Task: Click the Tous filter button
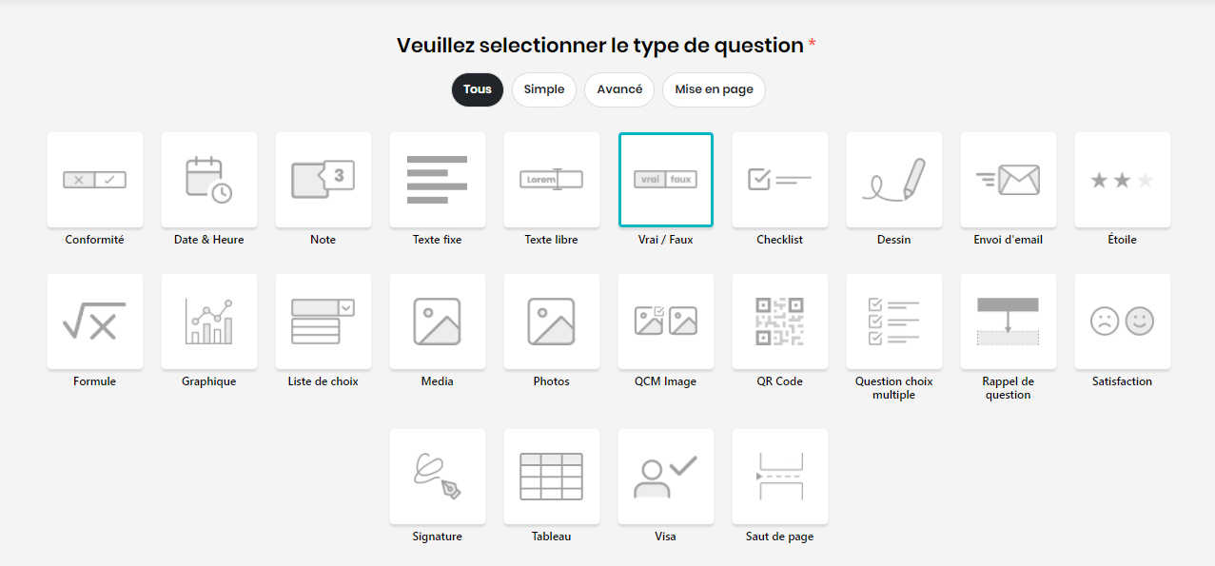[x=478, y=89]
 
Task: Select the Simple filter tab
[x=544, y=89]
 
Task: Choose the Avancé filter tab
[x=619, y=89]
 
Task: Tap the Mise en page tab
[x=714, y=89]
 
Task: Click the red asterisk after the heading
[x=812, y=43]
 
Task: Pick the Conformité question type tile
[x=95, y=180]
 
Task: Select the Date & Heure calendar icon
[x=208, y=180]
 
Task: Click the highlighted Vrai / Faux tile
[x=665, y=180]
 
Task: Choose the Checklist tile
[x=780, y=180]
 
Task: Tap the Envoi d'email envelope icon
[x=1008, y=180]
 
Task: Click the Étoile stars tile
[x=1123, y=180]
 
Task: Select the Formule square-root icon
[x=94, y=321]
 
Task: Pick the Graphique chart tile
[x=208, y=322]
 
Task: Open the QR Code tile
[x=780, y=322]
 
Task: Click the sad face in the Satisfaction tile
[x=1105, y=321]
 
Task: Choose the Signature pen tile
[x=437, y=477]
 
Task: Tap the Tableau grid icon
[x=551, y=477]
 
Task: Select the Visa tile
[x=665, y=477]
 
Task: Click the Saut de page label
[x=779, y=537]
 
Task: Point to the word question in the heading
[x=758, y=46]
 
